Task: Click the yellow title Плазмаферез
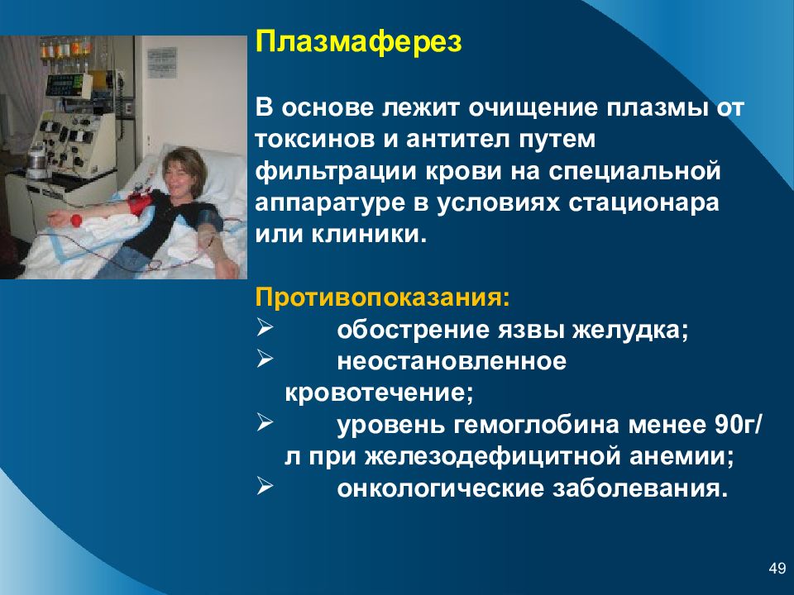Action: click(358, 42)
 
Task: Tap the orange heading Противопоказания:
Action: click(382, 297)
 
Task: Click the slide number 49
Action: click(777, 569)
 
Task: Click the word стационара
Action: click(643, 203)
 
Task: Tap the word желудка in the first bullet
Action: click(630, 331)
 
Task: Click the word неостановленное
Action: click(452, 362)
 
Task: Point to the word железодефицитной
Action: click(493, 457)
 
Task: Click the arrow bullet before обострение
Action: click(265, 328)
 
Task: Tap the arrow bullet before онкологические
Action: click(265, 486)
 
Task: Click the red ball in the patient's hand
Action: click(76, 221)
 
